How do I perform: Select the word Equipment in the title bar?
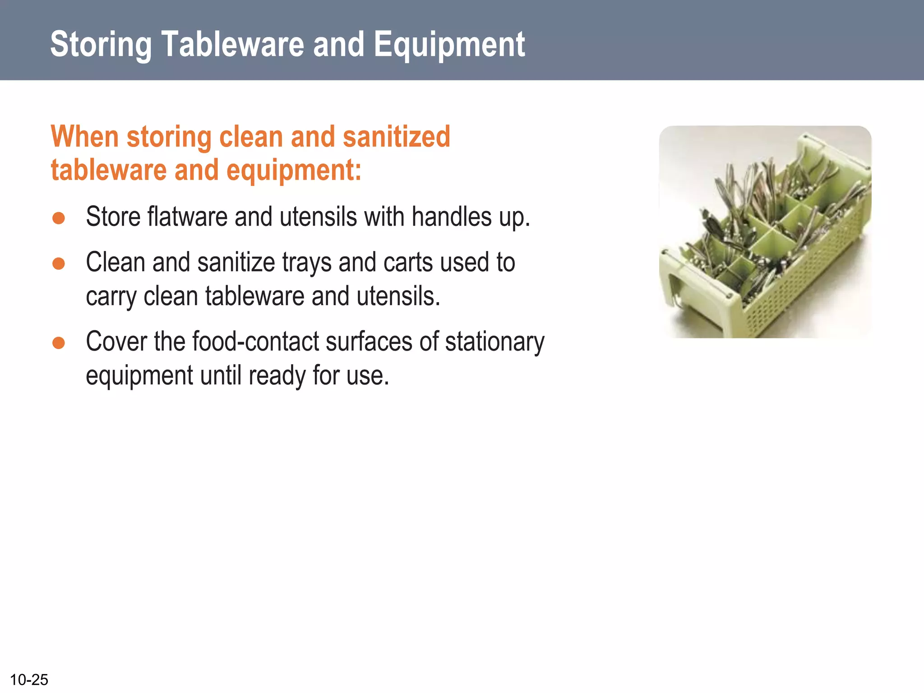pos(449,45)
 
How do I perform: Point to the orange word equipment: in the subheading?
pos(294,171)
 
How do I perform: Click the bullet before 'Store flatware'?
pos(59,218)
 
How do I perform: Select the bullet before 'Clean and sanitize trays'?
pos(59,263)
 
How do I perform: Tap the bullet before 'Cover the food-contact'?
pos(59,343)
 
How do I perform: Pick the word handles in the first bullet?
pos(451,217)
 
